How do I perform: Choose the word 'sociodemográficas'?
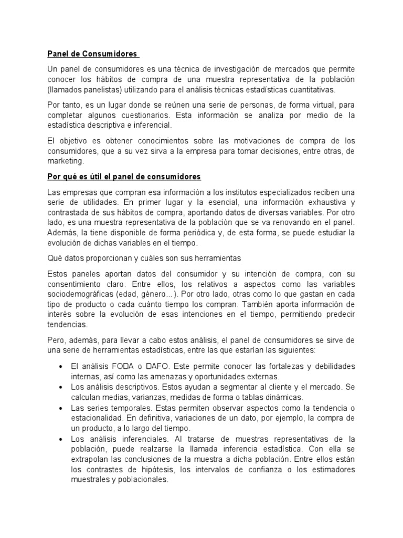80,294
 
